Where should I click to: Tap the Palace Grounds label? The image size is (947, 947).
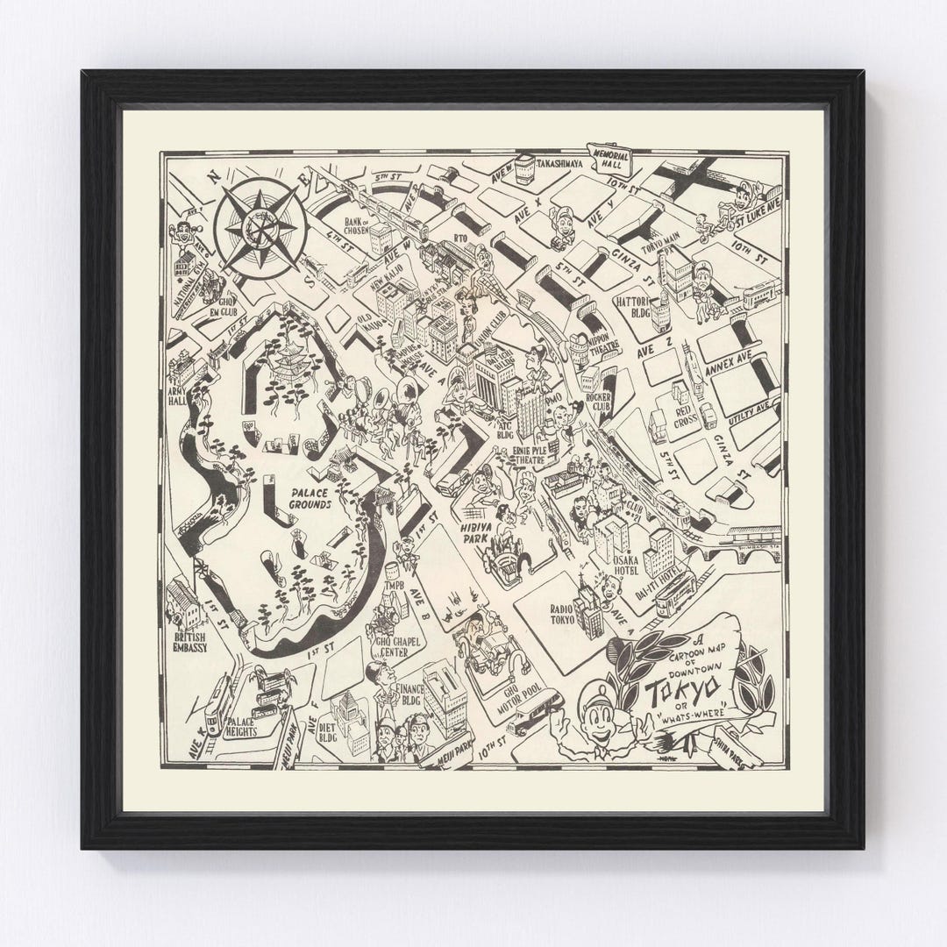(310, 499)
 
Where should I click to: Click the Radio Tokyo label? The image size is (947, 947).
(561, 613)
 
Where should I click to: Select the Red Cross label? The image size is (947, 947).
(686, 416)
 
